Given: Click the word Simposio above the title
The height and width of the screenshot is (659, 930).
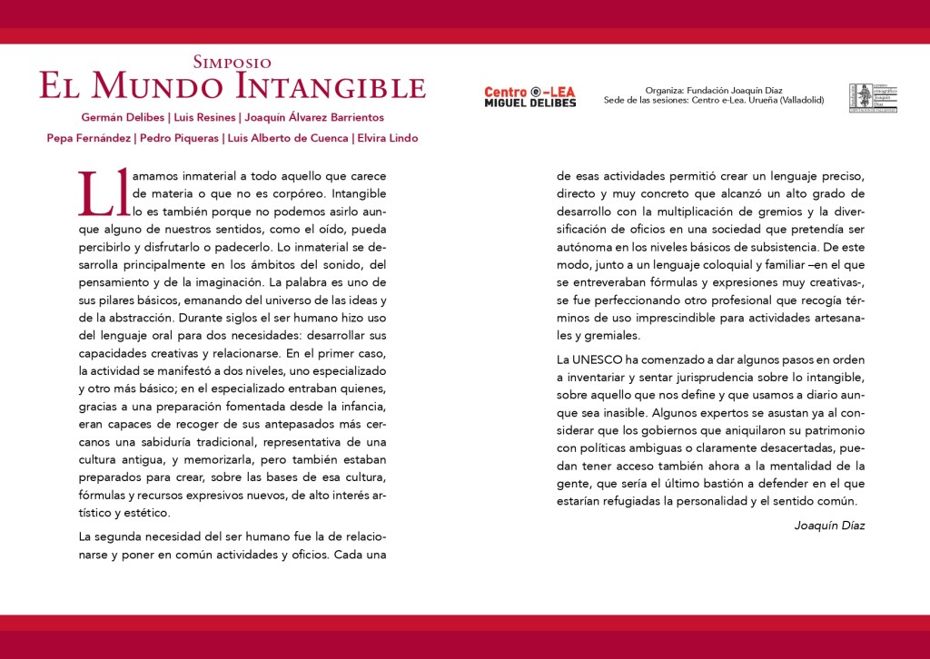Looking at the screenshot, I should pos(232,63).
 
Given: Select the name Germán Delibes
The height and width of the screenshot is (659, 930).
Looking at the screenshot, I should pos(118,118).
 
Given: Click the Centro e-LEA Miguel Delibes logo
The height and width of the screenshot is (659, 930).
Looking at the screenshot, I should pos(529,96).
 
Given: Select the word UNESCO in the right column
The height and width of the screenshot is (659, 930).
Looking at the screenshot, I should pos(599,359).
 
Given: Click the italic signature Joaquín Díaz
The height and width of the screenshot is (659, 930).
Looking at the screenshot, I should pos(828,526).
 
